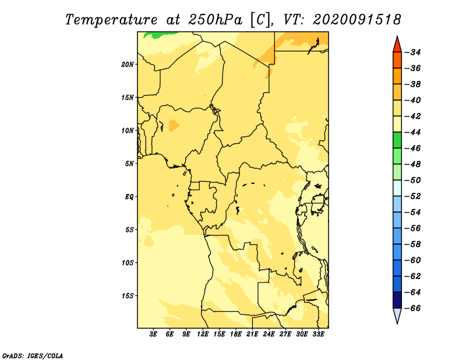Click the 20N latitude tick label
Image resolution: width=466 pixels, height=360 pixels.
coord(128,65)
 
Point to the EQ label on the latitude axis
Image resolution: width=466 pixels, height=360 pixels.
coord(129,197)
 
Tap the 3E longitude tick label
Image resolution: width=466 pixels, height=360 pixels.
coord(153,334)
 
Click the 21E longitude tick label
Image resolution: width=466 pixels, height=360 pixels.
coord(252,334)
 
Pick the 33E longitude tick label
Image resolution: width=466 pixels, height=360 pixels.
coord(318,334)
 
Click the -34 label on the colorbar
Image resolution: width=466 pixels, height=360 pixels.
coord(413,52)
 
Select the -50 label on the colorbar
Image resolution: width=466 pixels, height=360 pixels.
coord(413,181)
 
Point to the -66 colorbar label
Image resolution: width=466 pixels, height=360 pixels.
coord(413,308)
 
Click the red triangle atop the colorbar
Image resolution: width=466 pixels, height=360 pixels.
coord(397,45)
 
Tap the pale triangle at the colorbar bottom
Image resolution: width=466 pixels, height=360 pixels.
coord(397,315)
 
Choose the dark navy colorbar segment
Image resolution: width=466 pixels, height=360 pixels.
coord(397,300)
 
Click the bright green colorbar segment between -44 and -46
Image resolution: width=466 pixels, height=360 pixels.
coord(397,140)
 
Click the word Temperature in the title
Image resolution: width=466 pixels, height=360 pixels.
coord(111,20)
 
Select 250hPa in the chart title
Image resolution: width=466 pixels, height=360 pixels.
coord(216,20)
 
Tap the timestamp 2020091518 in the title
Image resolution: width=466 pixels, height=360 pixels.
coord(357,20)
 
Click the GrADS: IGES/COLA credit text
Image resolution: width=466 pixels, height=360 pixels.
coord(33,356)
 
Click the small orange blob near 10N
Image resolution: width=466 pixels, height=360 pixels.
coord(174,125)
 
